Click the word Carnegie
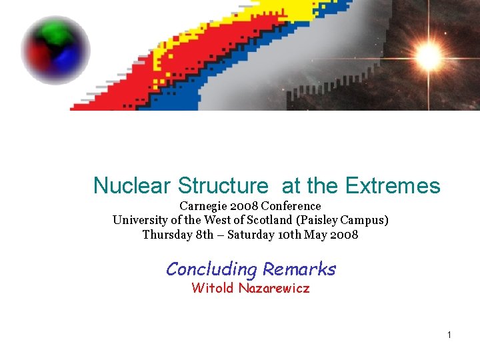coord(203,207)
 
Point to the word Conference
coord(291,207)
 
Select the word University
coord(139,220)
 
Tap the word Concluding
coord(211,269)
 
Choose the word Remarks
coord(299,269)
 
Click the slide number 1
coord(449,335)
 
